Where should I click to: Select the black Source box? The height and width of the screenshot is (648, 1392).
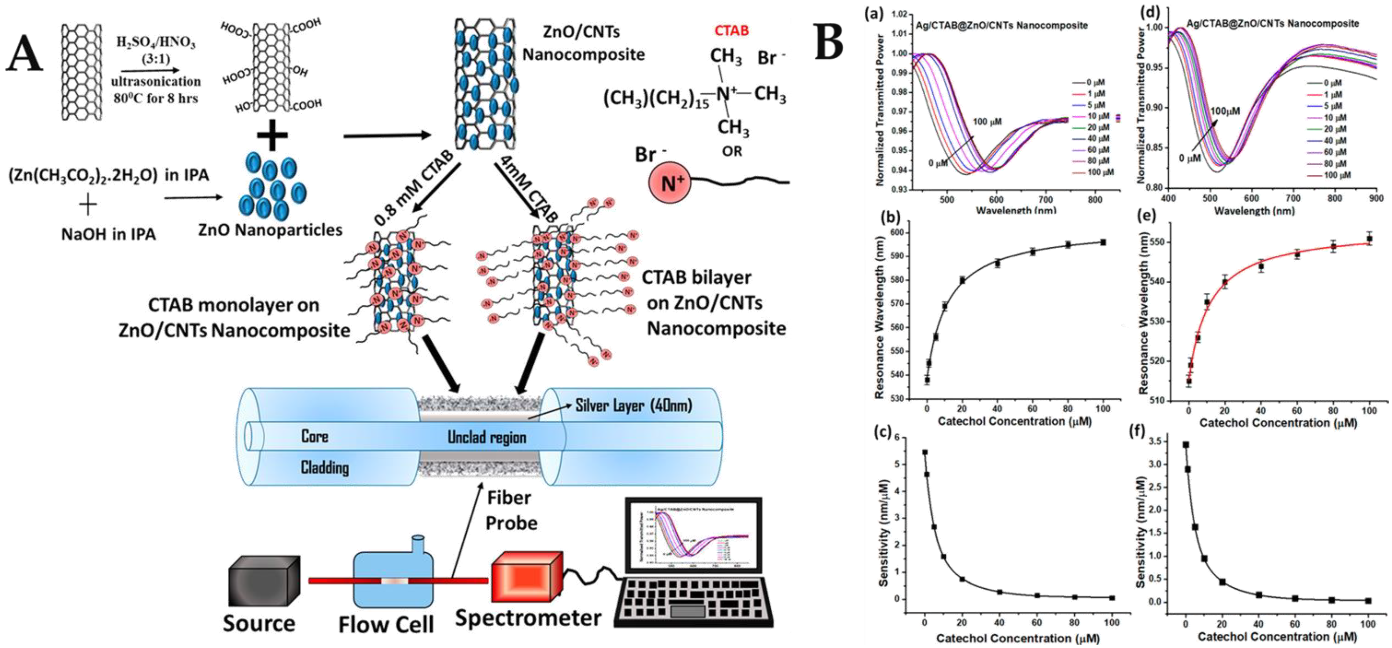pos(264,580)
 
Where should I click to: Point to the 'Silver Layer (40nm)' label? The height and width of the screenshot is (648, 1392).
pos(633,405)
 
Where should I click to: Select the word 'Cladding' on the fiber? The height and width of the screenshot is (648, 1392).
pos(325,468)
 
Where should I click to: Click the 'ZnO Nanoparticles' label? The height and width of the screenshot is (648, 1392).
pos(270,230)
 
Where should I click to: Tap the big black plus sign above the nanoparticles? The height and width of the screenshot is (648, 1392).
pos(272,136)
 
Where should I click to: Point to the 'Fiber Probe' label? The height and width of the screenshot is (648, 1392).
pos(511,510)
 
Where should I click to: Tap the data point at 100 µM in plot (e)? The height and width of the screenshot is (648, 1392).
pos(1369,239)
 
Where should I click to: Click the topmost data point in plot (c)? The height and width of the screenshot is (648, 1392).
pos(925,452)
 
